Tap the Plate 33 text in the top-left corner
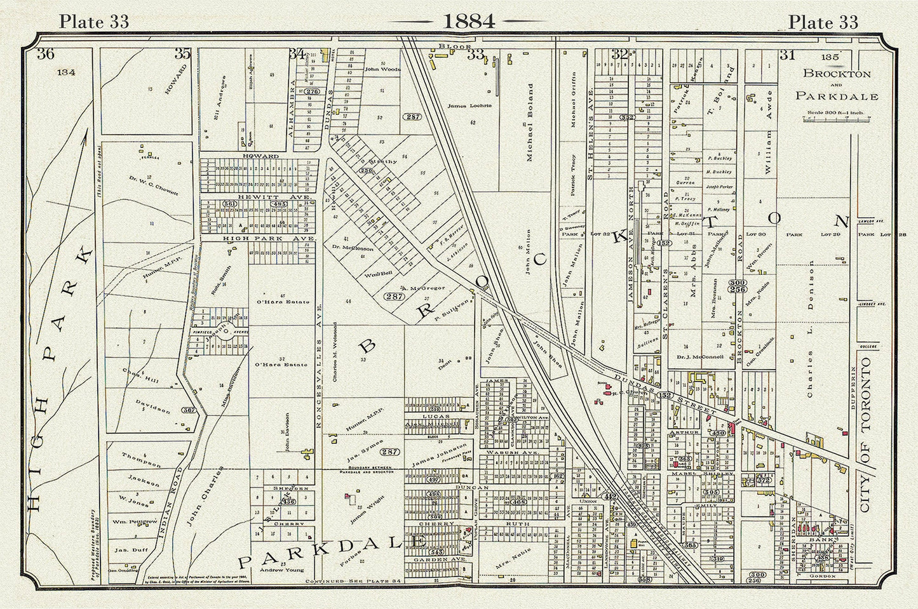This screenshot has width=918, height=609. click(93, 22)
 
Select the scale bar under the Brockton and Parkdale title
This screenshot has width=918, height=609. click(837, 119)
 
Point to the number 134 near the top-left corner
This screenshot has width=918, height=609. click(66, 72)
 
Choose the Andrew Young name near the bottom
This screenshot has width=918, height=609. click(271, 570)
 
